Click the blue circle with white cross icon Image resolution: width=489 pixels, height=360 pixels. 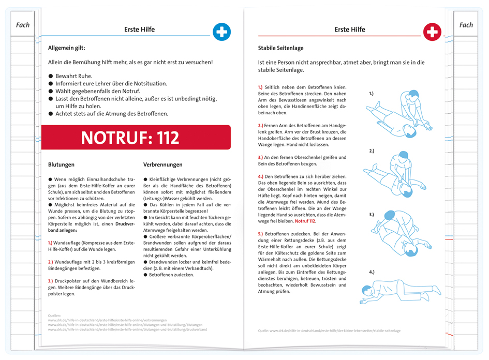click(x=221, y=32)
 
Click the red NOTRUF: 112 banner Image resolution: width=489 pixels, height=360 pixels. click(x=136, y=138)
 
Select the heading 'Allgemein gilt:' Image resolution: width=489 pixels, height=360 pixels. click(x=70, y=48)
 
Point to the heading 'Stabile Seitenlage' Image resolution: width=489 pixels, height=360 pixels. click(x=280, y=48)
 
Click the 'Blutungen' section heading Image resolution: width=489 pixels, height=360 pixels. click(x=62, y=164)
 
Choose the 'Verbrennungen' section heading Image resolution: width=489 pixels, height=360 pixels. click(x=163, y=164)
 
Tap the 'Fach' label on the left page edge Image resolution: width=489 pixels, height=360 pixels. click(x=23, y=25)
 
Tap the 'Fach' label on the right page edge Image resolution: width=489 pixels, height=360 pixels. click(x=466, y=25)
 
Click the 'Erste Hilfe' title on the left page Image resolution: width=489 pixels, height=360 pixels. click(x=139, y=29)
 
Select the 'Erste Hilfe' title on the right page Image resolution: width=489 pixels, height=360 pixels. click(x=350, y=29)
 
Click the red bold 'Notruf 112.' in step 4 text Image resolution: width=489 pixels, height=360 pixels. click(x=305, y=221)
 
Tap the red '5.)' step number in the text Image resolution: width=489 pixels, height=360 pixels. click(x=260, y=233)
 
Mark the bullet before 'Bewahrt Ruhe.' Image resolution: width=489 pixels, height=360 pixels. click(x=51, y=76)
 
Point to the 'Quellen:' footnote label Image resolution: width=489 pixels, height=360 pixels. click(x=54, y=315)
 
